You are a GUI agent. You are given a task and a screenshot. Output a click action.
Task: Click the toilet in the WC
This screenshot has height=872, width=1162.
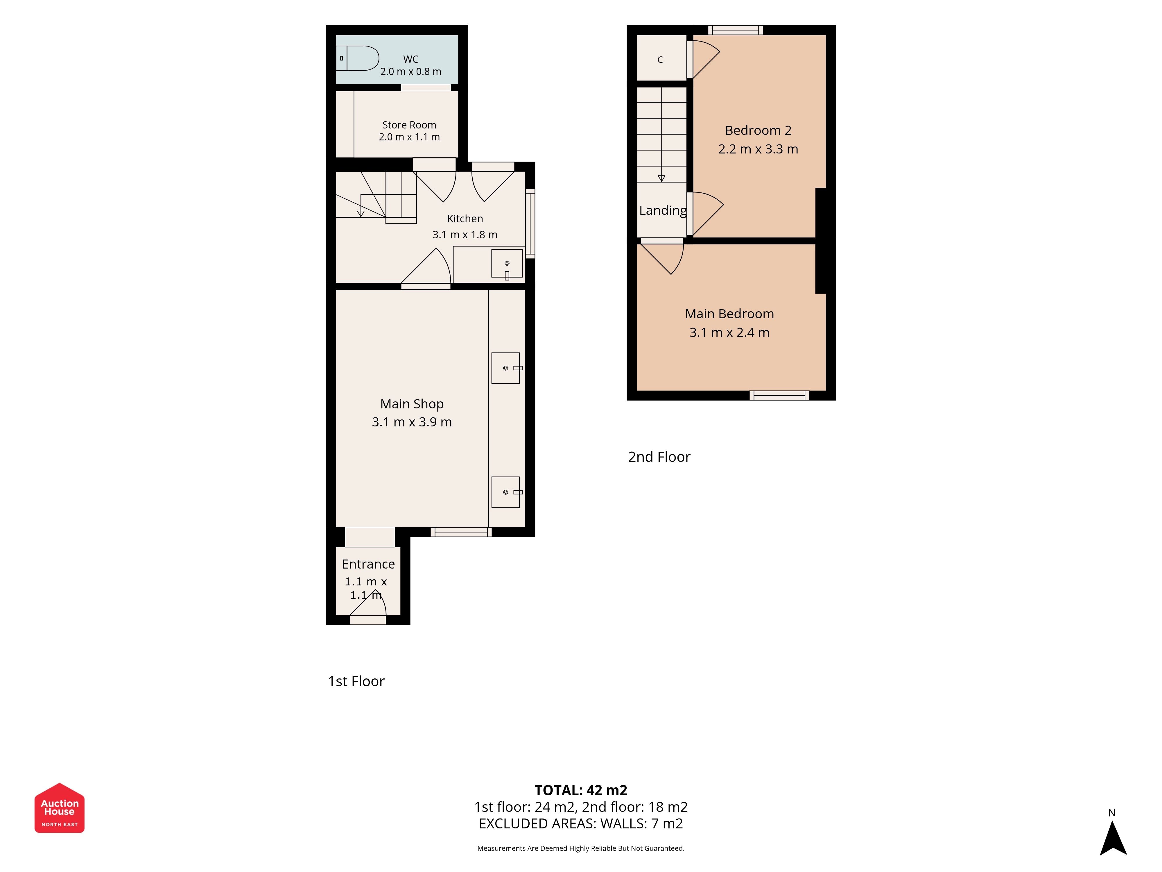[357, 58]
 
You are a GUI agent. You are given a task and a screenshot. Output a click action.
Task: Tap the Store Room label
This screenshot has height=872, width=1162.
[409, 125]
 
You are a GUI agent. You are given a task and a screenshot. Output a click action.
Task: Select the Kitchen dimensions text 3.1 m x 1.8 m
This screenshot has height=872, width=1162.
[465, 235]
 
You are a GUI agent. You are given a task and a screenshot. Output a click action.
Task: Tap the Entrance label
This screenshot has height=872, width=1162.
[368, 564]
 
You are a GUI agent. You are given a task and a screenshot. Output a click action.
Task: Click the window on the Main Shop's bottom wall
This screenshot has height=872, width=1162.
[461, 532]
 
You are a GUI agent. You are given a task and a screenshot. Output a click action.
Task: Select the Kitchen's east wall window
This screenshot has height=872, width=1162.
[530, 224]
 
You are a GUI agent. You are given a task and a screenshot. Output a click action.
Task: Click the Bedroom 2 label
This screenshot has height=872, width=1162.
[758, 130]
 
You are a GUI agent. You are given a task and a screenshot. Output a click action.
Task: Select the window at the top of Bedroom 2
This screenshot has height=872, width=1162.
[736, 30]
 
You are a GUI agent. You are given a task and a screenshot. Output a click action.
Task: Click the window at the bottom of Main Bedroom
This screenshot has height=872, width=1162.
[780, 395]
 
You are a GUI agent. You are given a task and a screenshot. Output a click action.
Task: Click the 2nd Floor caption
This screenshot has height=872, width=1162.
[659, 457]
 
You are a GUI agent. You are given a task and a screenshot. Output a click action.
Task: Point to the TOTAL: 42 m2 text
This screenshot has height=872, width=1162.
[581, 790]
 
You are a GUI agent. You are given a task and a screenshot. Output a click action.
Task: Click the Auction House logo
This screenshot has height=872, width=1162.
[59, 808]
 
